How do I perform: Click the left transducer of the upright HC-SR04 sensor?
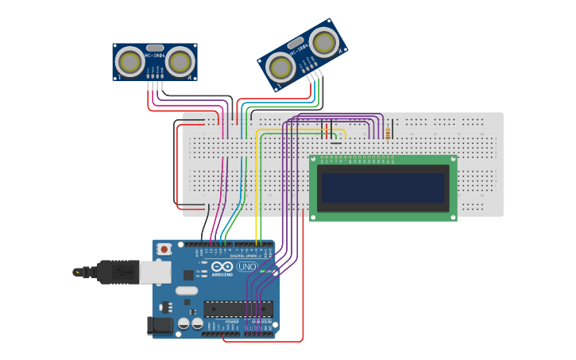coord(130,61)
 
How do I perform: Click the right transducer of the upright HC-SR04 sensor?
coord(180,61)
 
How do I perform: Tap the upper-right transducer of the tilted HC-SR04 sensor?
coord(323,41)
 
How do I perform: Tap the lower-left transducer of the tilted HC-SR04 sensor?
coord(280,68)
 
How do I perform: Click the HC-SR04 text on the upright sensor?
coord(155,55)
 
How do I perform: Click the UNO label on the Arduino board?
coord(247,267)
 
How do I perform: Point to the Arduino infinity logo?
coord(224,267)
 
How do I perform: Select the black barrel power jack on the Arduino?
coord(160,325)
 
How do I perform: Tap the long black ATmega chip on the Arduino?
coord(238,308)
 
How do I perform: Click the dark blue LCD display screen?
coord(382,188)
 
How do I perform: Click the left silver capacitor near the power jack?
coord(184,323)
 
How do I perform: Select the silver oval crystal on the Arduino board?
coord(187,291)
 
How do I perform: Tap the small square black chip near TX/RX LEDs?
coord(188,275)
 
